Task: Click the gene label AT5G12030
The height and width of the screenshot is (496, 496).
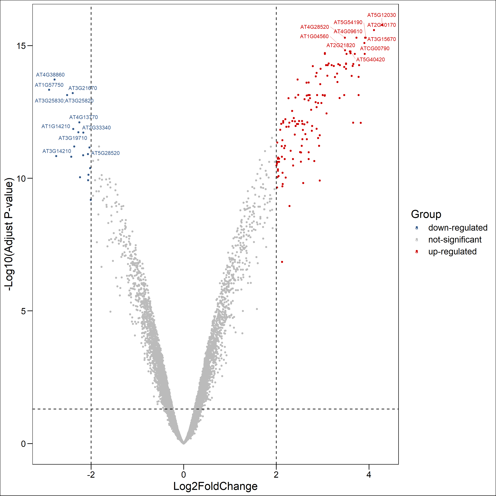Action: (x=381, y=15)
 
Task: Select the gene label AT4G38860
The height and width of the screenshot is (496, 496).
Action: (x=50, y=75)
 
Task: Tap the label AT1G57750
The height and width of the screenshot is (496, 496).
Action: (x=49, y=85)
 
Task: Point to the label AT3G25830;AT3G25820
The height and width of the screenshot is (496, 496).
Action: (x=64, y=101)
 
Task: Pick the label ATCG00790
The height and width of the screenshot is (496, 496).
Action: (x=375, y=48)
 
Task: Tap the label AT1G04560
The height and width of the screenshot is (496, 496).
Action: (x=314, y=36)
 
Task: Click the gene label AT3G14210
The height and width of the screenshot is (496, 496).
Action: (x=57, y=151)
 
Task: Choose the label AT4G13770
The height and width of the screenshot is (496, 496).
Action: (x=83, y=117)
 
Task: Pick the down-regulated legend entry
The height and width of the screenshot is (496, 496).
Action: (x=457, y=228)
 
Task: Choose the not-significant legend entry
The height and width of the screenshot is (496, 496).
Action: (x=455, y=240)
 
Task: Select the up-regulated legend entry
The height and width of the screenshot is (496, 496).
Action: (x=452, y=252)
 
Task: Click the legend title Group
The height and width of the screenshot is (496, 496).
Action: (x=426, y=214)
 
